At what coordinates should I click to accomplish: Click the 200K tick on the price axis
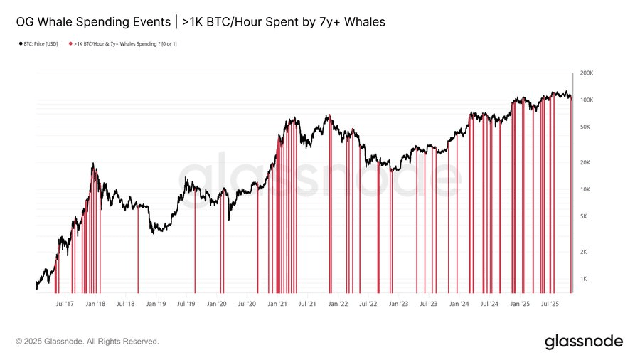click(587, 73)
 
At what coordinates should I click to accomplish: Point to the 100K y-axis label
click(587, 100)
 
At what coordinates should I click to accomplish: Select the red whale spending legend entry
click(124, 43)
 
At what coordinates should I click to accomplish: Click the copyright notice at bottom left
click(87, 342)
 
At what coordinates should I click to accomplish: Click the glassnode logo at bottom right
click(584, 342)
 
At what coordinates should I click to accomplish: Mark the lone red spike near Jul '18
click(138, 249)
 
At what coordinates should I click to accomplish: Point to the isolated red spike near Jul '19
click(195, 242)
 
